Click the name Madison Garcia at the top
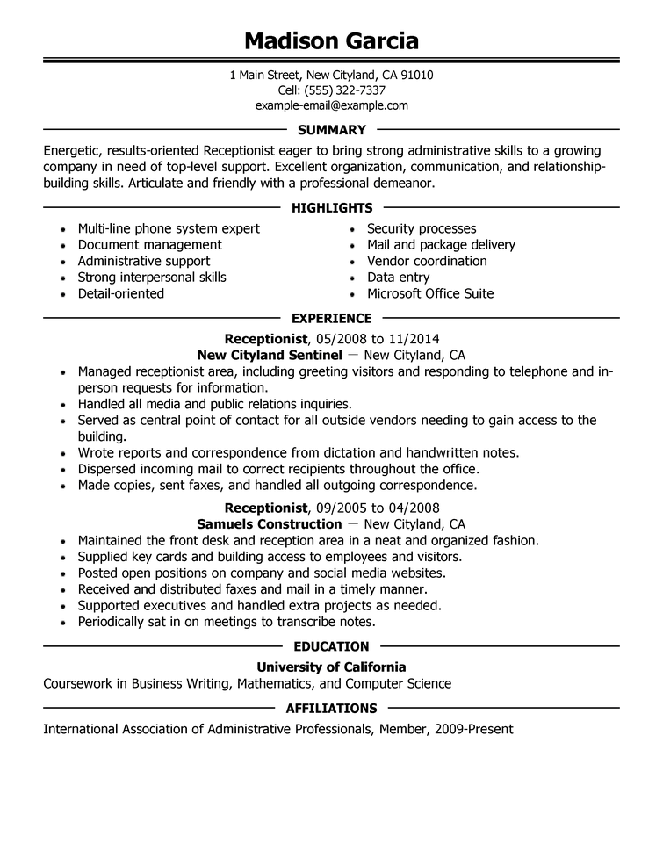331,40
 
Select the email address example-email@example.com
331,105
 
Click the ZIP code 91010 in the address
415,75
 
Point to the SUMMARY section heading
331,130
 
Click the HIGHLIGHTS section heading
331,207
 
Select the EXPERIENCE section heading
331,318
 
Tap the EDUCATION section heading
331,646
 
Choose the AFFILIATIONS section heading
331,708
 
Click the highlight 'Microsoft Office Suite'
430,293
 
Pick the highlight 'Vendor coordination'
427,261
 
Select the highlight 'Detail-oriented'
120,293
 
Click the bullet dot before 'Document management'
63,246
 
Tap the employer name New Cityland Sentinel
269,355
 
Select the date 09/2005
341,508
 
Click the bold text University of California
331,667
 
